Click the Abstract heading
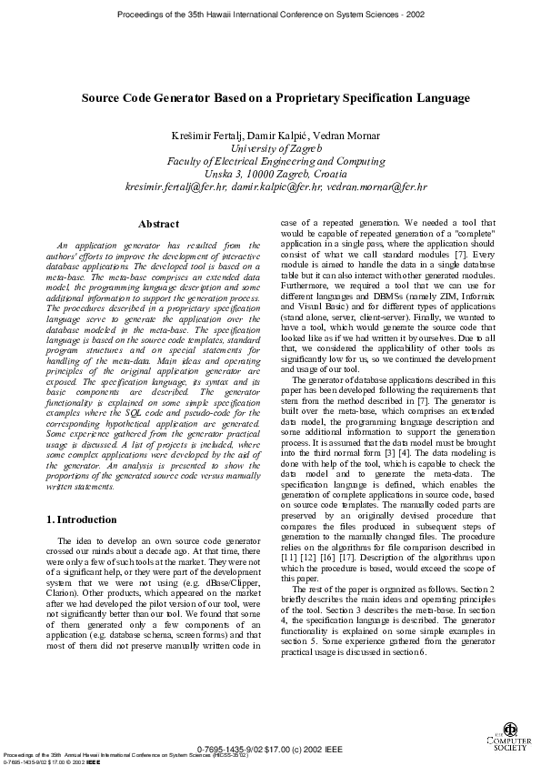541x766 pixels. pyautogui.click(x=157, y=224)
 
